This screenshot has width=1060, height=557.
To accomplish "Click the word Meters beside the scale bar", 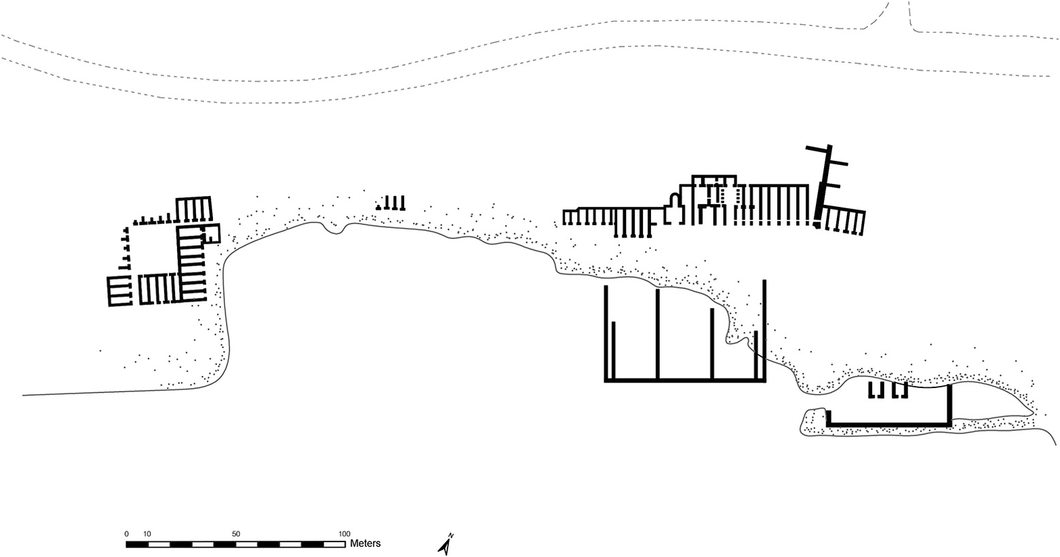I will tap(365, 543).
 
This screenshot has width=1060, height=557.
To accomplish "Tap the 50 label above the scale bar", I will tap(236, 534).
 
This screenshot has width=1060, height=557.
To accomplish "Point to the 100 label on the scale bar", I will tap(345, 534).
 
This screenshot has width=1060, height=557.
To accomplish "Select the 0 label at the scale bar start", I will tap(127, 534).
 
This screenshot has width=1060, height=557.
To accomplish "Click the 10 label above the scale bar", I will tap(147, 534).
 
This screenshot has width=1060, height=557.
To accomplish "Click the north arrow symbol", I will tap(445, 546).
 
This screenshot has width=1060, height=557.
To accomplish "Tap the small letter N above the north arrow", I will tap(451, 536).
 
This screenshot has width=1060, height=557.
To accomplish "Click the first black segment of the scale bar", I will tap(138, 544).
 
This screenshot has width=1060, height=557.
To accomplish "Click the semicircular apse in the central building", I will tap(674, 201).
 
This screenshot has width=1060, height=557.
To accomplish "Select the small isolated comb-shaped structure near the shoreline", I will tap(392, 204).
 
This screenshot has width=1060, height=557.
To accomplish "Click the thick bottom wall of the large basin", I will tap(685, 381).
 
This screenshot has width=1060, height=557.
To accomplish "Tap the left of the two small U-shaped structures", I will tap(876, 390).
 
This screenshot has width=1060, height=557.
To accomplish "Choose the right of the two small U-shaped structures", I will tap(900, 390).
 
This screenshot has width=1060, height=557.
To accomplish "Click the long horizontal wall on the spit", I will tap(888, 424).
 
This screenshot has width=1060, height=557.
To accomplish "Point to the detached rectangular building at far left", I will tap(119, 291).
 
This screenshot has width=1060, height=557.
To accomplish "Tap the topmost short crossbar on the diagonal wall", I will tap(838, 164).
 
